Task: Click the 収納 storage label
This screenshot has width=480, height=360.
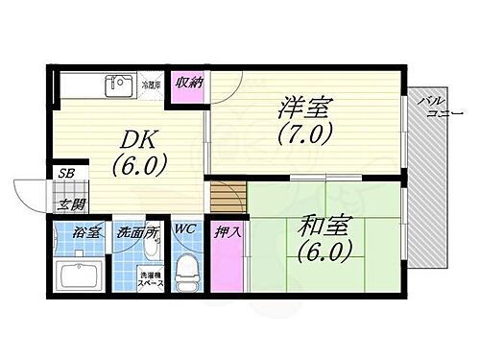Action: pyautogui.click(x=188, y=83)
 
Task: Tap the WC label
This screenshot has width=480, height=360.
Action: pyautogui.click(x=185, y=229)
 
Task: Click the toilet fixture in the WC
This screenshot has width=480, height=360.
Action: pyautogui.click(x=188, y=269)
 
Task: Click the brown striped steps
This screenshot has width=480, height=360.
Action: pyautogui.click(x=228, y=198)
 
